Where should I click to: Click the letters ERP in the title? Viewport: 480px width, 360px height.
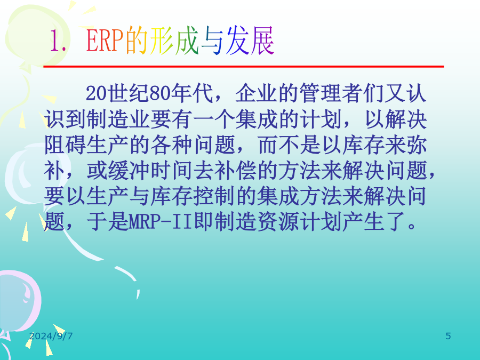click(x=105, y=41)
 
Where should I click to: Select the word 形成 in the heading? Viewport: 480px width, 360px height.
click(x=174, y=41)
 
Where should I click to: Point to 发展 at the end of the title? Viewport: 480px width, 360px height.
click(x=250, y=41)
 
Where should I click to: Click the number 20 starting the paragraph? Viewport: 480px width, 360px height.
click(x=97, y=93)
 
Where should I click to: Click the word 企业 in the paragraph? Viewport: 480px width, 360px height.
click(x=256, y=93)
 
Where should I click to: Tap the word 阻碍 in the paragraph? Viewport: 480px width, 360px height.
click(x=65, y=145)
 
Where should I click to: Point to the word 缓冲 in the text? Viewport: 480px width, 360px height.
click(x=129, y=170)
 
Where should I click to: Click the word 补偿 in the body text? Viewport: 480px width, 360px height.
click(x=235, y=170)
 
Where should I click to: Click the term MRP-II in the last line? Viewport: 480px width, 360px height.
click(x=161, y=222)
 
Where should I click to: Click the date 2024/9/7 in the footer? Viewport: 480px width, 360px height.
click(x=51, y=336)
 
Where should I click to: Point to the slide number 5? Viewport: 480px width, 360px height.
click(x=448, y=336)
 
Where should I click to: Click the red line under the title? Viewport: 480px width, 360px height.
click(x=244, y=66)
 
